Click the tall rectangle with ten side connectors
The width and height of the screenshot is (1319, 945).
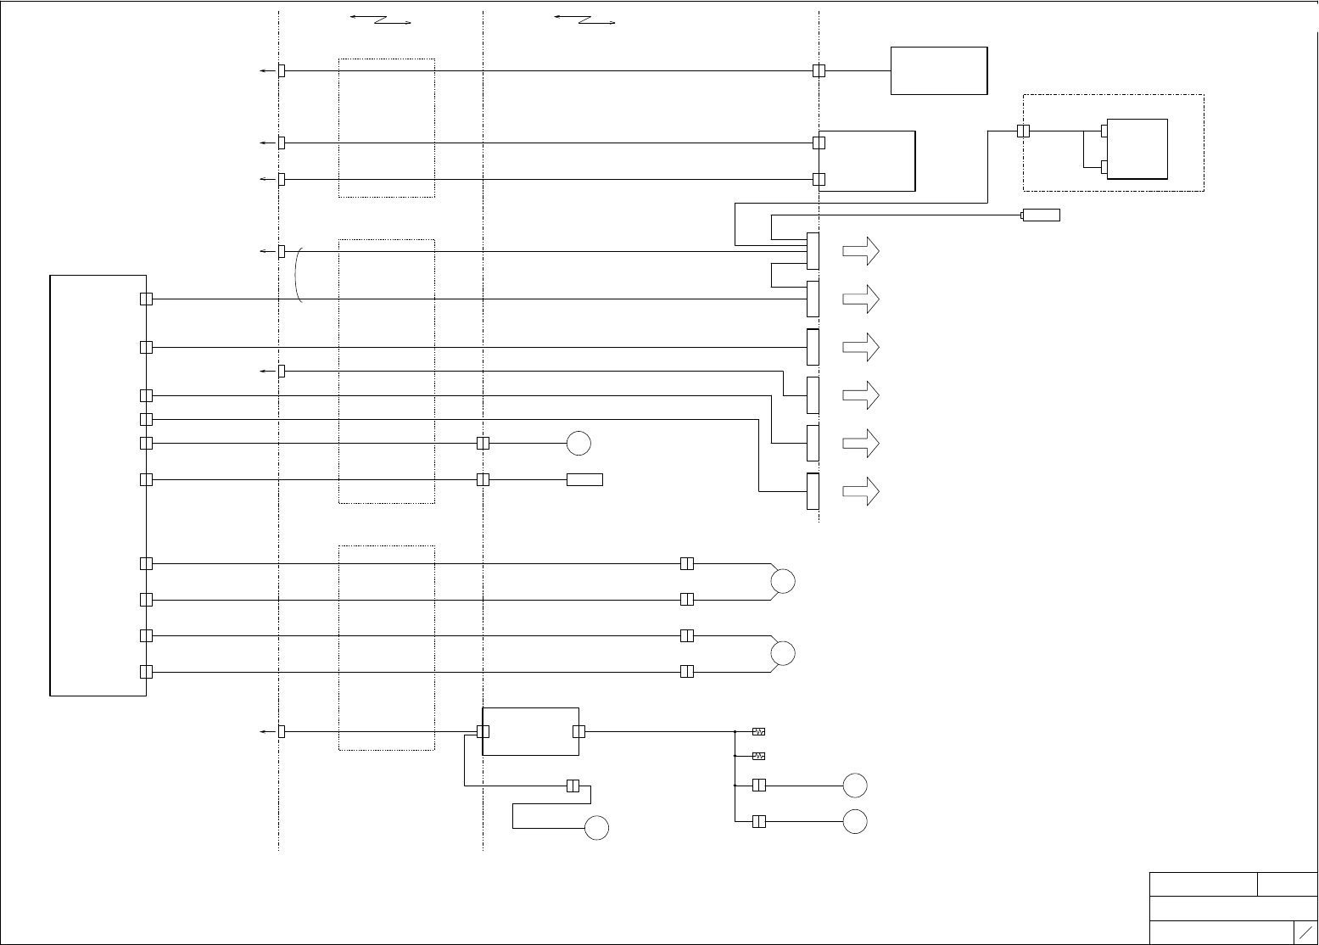pos(98,484)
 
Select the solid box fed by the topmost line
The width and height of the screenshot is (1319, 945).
pos(938,70)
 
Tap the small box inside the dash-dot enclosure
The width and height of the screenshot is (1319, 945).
pos(1137,148)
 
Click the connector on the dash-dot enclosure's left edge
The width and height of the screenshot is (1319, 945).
pos(1023,131)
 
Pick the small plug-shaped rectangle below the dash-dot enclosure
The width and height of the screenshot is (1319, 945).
pos(1041,215)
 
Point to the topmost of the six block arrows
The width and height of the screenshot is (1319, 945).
pos(860,251)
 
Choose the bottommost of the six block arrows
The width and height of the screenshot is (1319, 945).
pos(860,491)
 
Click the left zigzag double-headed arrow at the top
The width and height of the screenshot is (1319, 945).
pos(380,20)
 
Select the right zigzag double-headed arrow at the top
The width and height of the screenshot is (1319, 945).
pos(584,20)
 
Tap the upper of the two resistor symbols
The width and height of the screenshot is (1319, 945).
pos(758,731)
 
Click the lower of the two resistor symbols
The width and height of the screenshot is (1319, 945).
pos(758,756)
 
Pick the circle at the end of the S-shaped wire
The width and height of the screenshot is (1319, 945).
pos(597,828)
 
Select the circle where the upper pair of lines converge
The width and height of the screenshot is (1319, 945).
pos(783,581)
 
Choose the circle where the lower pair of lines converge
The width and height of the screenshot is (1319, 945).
pos(783,653)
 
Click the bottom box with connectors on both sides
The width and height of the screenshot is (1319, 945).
pos(531,731)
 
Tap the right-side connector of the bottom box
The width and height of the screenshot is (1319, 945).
pos(578,731)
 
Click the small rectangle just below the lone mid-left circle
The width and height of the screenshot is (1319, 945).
pos(584,479)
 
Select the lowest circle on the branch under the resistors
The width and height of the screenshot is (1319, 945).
pos(855,821)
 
